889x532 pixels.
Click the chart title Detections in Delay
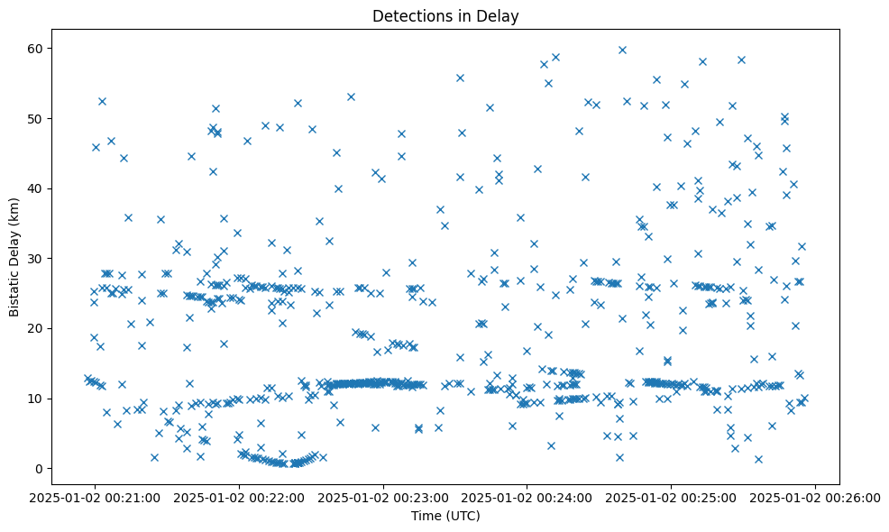(x=445, y=15)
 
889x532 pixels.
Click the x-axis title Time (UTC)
(x=445, y=516)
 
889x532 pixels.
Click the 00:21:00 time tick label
(x=96, y=497)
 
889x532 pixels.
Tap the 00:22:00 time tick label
(x=240, y=497)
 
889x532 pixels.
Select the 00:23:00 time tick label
(x=384, y=497)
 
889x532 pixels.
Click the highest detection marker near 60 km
(x=622, y=50)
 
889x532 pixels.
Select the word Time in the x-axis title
(x=426, y=516)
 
